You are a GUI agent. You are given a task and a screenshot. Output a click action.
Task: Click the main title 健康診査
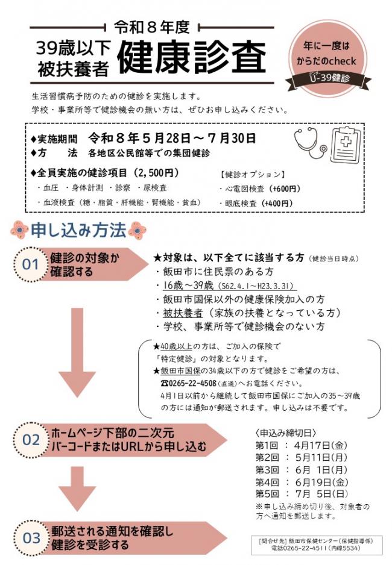191,58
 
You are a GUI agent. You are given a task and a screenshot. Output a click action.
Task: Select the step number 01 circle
30,264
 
